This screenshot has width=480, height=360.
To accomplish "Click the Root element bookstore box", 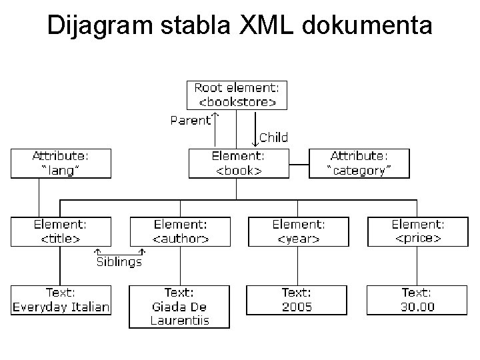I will pos(237,95).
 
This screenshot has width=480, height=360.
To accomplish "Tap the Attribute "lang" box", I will pos(60,163).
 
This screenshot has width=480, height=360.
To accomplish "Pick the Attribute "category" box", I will pos(360,163).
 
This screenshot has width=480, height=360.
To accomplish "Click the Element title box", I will pos(60,231).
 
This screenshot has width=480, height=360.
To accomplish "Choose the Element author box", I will pos(180,231).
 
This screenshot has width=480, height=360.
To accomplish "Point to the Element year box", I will pos(298,231).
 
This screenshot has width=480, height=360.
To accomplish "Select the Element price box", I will pos(417,231).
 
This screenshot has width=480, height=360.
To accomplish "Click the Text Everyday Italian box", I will pos(60,300).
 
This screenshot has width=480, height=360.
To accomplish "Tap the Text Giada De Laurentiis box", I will pos(179,307).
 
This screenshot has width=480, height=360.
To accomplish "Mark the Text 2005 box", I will pos(297,300).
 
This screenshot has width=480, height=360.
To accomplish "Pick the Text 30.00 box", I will pos(417,300).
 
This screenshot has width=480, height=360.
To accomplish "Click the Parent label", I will pos(190,121).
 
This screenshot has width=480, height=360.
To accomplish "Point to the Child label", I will pos(273,138).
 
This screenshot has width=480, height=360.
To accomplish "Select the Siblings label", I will pos(119,262).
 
